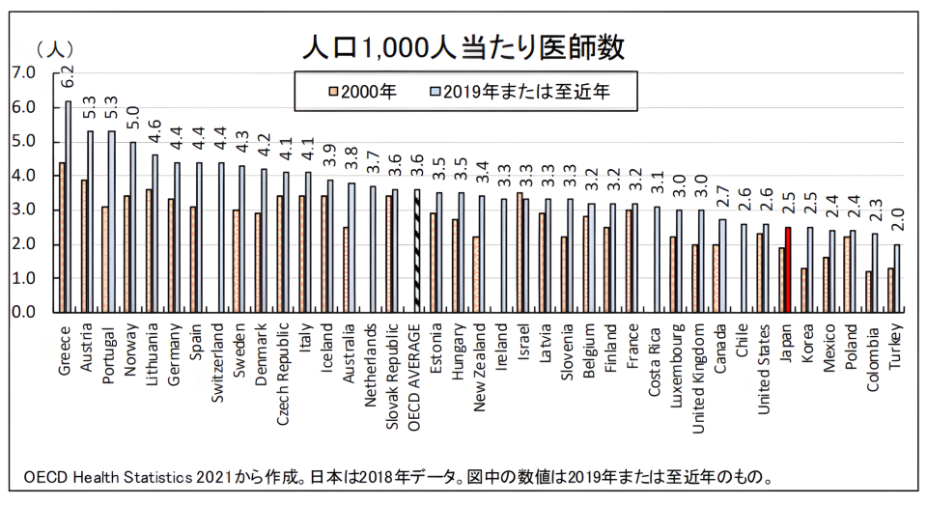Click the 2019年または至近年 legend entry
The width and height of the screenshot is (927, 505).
coord(527,92)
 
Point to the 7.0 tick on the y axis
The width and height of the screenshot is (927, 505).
coord(23,72)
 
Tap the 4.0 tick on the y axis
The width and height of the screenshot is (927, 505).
coord(23,176)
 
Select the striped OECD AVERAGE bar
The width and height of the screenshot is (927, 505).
coord(417,250)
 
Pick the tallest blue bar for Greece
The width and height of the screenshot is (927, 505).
coord(68,207)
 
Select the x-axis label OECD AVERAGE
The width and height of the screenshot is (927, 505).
coord(417,372)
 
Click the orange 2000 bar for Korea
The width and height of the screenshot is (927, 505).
coord(804,290)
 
